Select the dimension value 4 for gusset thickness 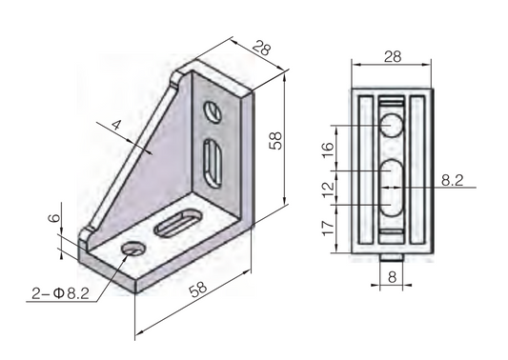[116, 125]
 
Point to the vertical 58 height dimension [275, 140]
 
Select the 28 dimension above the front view [391, 58]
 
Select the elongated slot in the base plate [176, 225]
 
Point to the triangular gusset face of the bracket [157, 162]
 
